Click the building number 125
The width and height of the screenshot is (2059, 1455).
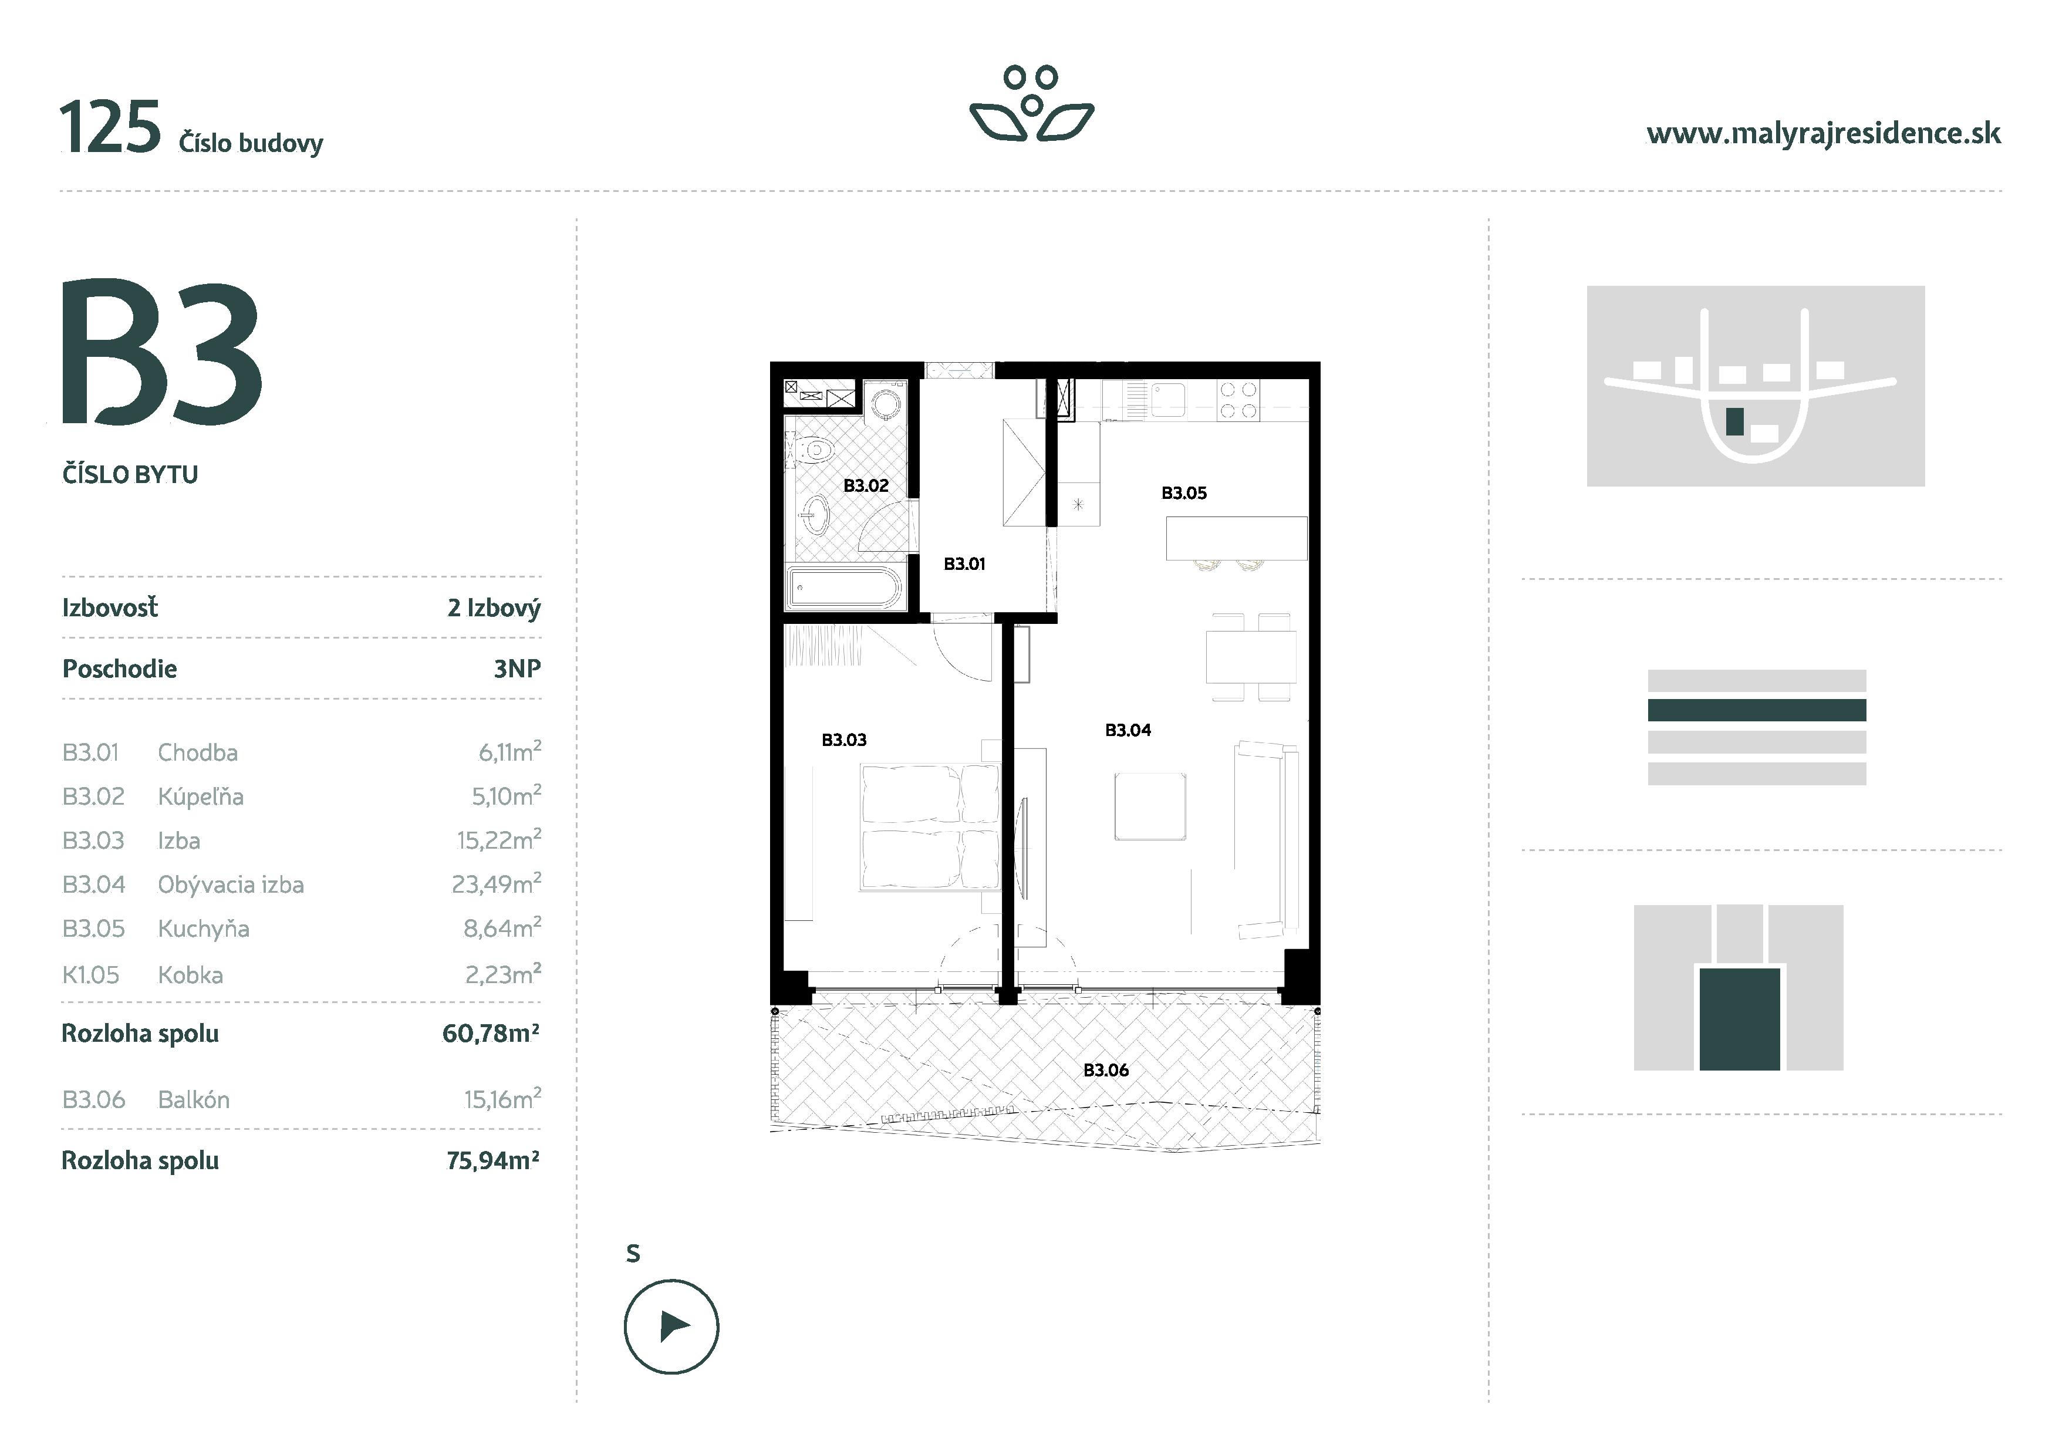point(110,128)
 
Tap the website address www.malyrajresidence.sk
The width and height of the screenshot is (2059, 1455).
point(1823,134)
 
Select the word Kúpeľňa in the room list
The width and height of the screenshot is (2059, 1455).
point(201,797)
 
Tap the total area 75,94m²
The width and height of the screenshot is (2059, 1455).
point(492,1161)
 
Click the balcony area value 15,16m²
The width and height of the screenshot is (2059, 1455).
point(501,1099)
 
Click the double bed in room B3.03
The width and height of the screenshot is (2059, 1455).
point(930,826)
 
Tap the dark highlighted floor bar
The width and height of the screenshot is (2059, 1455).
point(1756,710)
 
